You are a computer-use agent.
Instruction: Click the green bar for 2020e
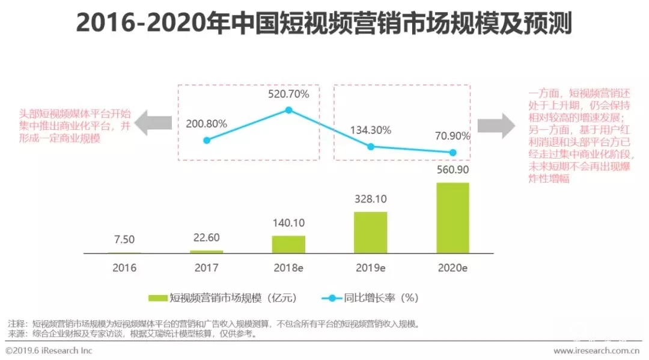[x=452, y=218]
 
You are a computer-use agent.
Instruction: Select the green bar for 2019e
[x=370, y=233]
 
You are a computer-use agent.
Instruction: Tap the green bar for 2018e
[x=288, y=244]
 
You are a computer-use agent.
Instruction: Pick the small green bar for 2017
[x=207, y=252]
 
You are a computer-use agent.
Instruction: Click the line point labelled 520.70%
[x=289, y=110]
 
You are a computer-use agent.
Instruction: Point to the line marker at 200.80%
[x=207, y=140]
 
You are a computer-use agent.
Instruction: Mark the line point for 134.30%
[x=371, y=147]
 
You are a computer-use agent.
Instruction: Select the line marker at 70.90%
[x=453, y=153]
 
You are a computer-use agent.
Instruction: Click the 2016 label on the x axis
[x=124, y=268]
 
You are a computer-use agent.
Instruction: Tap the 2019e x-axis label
[x=370, y=268]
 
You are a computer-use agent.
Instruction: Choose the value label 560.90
[x=452, y=171]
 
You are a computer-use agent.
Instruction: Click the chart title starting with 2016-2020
[x=324, y=25]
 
